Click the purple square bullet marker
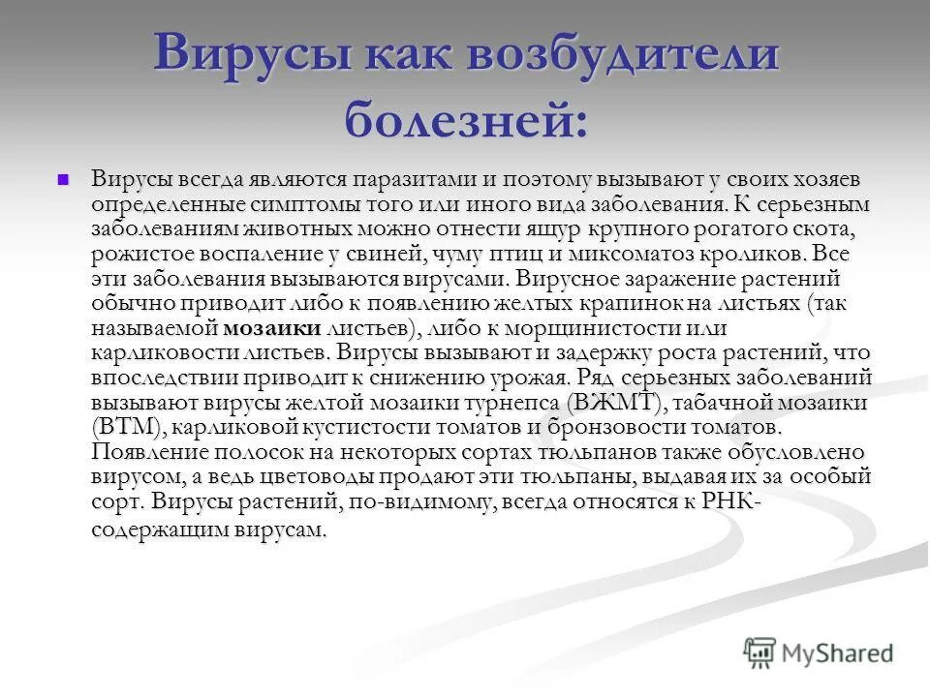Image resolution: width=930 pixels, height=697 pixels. (x=64, y=179)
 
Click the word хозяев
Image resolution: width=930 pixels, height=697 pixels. (x=816, y=180)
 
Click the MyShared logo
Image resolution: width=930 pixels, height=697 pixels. (x=819, y=653)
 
